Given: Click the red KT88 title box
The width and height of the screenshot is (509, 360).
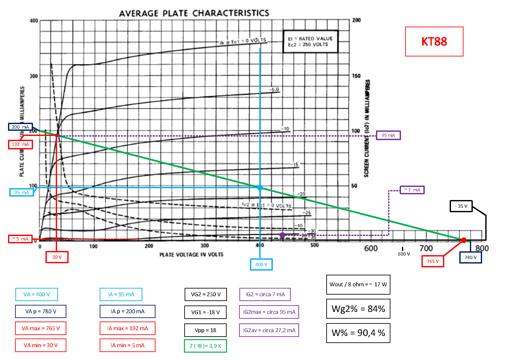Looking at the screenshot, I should (434, 41).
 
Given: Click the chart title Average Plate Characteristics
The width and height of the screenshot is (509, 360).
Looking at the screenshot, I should (194, 13).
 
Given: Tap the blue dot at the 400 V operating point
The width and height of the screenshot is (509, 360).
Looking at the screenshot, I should (260, 188).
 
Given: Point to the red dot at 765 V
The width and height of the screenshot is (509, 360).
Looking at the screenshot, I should (463, 240).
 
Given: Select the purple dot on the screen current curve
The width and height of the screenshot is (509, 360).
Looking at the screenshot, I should (282, 235).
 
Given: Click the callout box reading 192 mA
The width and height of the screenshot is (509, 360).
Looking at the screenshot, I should (21, 144).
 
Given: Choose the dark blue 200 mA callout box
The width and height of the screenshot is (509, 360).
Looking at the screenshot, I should (21, 127).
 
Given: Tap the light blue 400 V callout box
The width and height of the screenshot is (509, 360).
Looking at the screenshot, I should (261, 264).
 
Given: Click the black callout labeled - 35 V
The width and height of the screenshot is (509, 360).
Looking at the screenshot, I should (461, 206).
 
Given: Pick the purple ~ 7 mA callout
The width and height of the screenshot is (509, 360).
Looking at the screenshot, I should (412, 190).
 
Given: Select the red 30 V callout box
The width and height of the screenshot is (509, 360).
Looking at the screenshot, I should (57, 257).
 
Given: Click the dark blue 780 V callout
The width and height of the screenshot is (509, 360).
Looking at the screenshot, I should (471, 257).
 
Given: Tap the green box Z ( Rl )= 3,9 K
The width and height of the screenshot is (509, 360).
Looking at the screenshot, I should (205, 346).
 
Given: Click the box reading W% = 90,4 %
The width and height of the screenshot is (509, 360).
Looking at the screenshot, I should (358, 333).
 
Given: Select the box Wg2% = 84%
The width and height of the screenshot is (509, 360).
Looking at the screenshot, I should (358, 309).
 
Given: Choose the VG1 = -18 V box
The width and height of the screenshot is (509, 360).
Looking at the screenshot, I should (205, 312).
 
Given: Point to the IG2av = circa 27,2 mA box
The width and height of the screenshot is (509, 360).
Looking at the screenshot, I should (269, 330).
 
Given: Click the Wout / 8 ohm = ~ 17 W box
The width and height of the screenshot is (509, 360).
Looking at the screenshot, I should (358, 284).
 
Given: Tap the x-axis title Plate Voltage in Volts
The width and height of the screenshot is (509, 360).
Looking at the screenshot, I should (191, 255).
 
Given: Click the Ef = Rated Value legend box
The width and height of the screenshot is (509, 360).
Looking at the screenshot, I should (310, 41).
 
